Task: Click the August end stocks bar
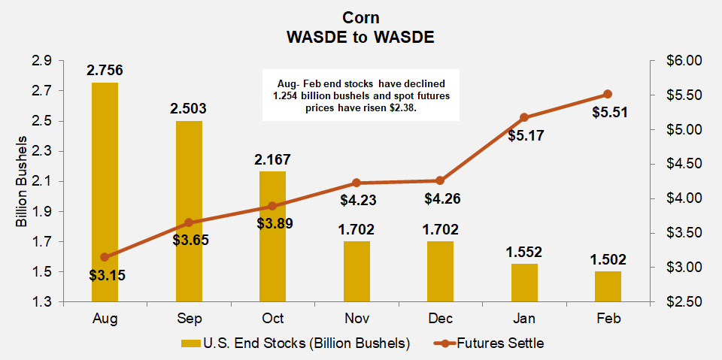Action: pyautogui.click(x=105, y=192)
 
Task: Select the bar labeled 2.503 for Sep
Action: pyautogui.click(x=189, y=211)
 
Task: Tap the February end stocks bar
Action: pyautogui.click(x=608, y=286)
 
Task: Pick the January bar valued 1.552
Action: pyautogui.click(x=524, y=283)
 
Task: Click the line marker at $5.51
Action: pyautogui.click(x=608, y=94)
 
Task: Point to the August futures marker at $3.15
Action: pyautogui.click(x=105, y=257)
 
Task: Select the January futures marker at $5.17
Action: pyautogui.click(x=524, y=117)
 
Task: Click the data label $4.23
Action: pyautogui.click(x=356, y=201)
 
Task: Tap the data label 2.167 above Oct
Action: pyautogui.click(x=272, y=159)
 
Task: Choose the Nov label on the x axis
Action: pyautogui.click(x=356, y=318)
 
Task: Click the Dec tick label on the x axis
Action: pyautogui.click(x=440, y=318)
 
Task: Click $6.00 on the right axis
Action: pyautogui.click(x=683, y=60)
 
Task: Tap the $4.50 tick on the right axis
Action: pyautogui.click(x=683, y=164)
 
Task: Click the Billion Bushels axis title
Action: pyautogui.click(x=22, y=181)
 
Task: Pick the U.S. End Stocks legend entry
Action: pyautogui.click(x=295, y=343)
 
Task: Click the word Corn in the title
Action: pyautogui.click(x=360, y=17)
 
